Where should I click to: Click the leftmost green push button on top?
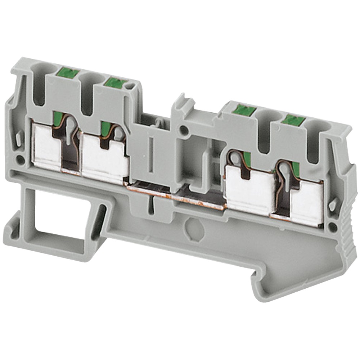point(68,74)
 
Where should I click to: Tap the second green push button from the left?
point(115,83)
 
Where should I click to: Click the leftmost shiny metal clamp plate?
point(46,146)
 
